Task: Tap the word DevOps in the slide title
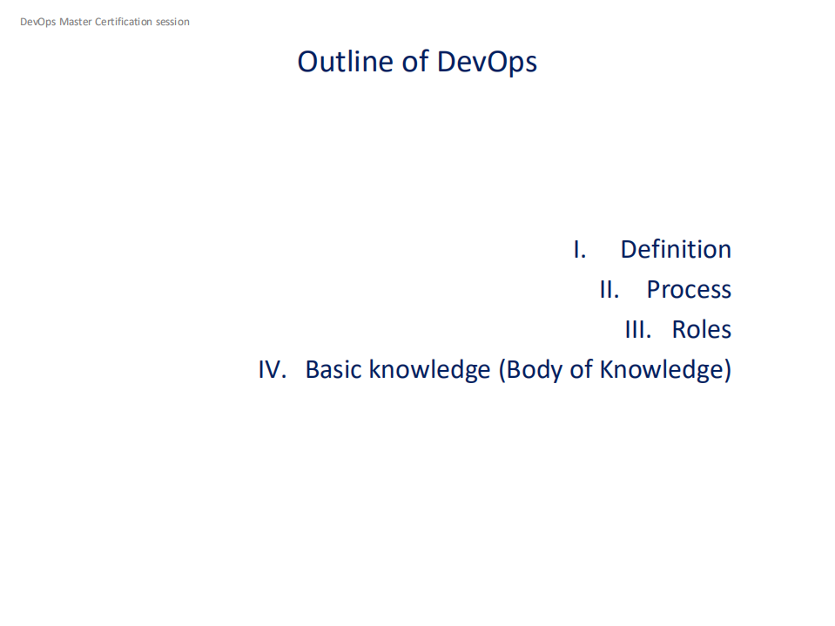[487, 63]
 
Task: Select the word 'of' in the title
[414, 62]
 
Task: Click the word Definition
[675, 250]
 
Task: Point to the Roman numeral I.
[579, 250]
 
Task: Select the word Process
[688, 290]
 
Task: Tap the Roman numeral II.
[609, 290]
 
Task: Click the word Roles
[701, 330]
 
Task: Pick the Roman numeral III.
[637, 330]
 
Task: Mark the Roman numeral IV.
[272, 370]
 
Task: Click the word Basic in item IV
[333, 370]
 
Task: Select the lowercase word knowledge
[429, 370]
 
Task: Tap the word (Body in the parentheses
[531, 370]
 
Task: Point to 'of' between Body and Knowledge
[582, 370]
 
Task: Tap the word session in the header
[172, 22]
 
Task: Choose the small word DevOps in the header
[37, 22]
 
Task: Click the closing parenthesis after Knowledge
[727, 371]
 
